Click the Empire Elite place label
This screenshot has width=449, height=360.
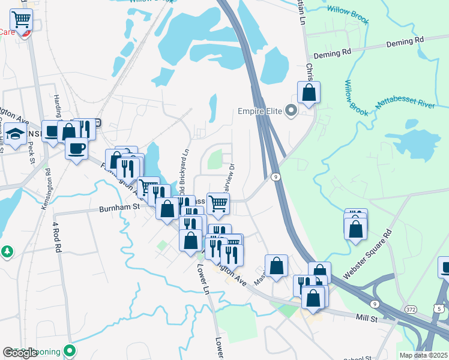pos(260,111)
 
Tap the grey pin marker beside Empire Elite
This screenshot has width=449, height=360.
pos(292,111)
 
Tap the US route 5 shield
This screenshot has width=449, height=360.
pos(439,308)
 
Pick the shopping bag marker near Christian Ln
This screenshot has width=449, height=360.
pos(309,92)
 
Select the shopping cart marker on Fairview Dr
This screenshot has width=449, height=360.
pos(218,203)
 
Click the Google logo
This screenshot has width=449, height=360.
pos(20,353)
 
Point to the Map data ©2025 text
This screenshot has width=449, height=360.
pos(423,355)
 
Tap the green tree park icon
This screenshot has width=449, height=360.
pos(7,251)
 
